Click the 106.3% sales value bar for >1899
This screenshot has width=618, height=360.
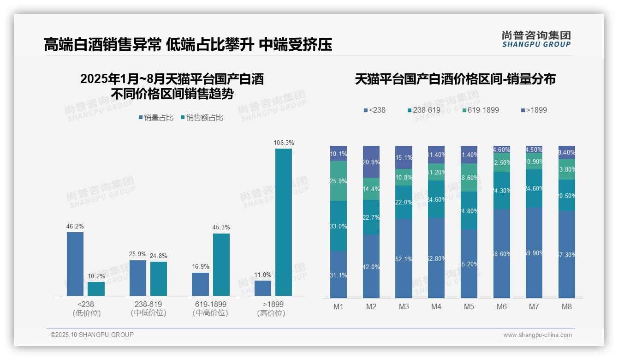[283, 222]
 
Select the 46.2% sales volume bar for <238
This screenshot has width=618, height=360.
[75, 264]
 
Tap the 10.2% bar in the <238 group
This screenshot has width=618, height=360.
[96, 288]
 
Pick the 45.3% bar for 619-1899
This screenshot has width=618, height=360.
[221, 264]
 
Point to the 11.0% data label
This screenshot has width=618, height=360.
[262, 275]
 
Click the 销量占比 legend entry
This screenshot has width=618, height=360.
[156, 118]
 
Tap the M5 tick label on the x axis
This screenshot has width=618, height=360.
[469, 306]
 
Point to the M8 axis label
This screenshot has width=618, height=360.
[567, 306]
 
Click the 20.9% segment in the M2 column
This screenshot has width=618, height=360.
[371, 162]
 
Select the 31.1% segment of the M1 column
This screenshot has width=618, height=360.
[339, 275]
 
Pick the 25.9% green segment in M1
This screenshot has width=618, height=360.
[339, 181]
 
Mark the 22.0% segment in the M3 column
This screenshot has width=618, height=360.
[404, 202]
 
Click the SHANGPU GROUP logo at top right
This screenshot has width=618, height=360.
[536, 39]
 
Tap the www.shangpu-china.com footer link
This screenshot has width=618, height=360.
[537, 335]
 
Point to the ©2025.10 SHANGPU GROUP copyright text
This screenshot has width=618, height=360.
[92, 335]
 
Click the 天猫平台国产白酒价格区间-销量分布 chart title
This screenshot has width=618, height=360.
[455, 79]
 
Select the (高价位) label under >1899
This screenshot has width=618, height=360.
[271, 313]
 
